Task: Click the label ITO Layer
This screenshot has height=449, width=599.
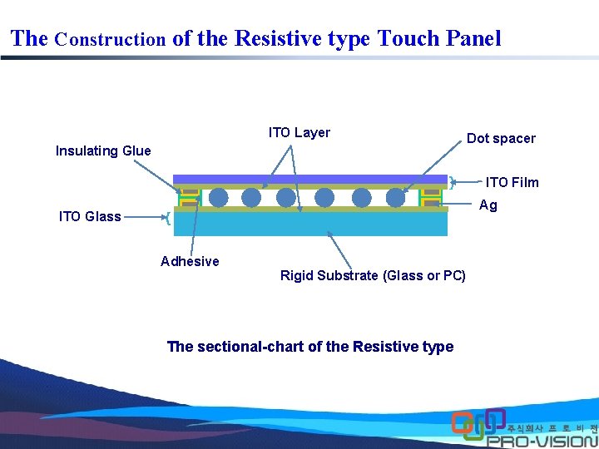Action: pyautogui.click(x=299, y=133)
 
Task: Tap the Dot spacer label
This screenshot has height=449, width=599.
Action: pyautogui.click(x=501, y=139)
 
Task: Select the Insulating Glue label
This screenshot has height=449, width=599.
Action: pyautogui.click(x=103, y=150)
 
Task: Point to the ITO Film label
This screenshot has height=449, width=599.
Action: pyautogui.click(x=512, y=182)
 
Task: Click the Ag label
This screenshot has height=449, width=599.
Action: pyautogui.click(x=488, y=205)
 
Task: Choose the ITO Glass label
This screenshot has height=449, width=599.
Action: pyautogui.click(x=90, y=217)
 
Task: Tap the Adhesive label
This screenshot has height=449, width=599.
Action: pyautogui.click(x=190, y=261)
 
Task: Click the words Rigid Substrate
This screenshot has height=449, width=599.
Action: pyautogui.click(x=329, y=276)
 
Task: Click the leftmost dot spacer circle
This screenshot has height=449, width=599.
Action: pyautogui.click(x=218, y=197)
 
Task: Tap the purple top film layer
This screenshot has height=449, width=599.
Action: pyautogui.click(x=310, y=179)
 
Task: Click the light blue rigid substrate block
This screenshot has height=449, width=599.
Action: pyautogui.click(x=310, y=224)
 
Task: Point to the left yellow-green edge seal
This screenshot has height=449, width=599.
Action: pyautogui.click(x=190, y=198)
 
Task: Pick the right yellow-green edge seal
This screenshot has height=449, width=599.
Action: pyautogui.click(x=431, y=198)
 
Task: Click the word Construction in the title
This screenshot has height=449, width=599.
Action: pyautogui.click(x=111, y=39)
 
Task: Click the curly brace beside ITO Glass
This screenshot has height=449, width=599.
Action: pyautogui.click(x=169, y=218)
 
